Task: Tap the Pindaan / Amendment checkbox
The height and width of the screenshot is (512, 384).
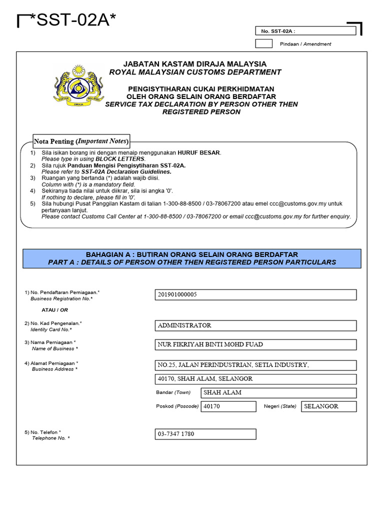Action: click(x=263, y=43)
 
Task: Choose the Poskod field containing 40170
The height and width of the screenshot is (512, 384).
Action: click(x=228, y=406)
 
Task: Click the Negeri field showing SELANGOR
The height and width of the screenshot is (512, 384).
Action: click(x=328, y=406)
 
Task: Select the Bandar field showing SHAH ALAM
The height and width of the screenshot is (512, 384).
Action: click(x=278, y=392)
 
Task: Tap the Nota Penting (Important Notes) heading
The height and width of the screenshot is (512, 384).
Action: click(x=81, y=141)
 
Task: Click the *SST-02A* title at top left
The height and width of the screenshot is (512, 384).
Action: click(x=73, y=21)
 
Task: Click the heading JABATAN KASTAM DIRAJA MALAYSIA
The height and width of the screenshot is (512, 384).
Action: click(x=195, y=64)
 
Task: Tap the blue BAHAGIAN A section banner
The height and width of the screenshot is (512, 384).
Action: click(x=192, y=258)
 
